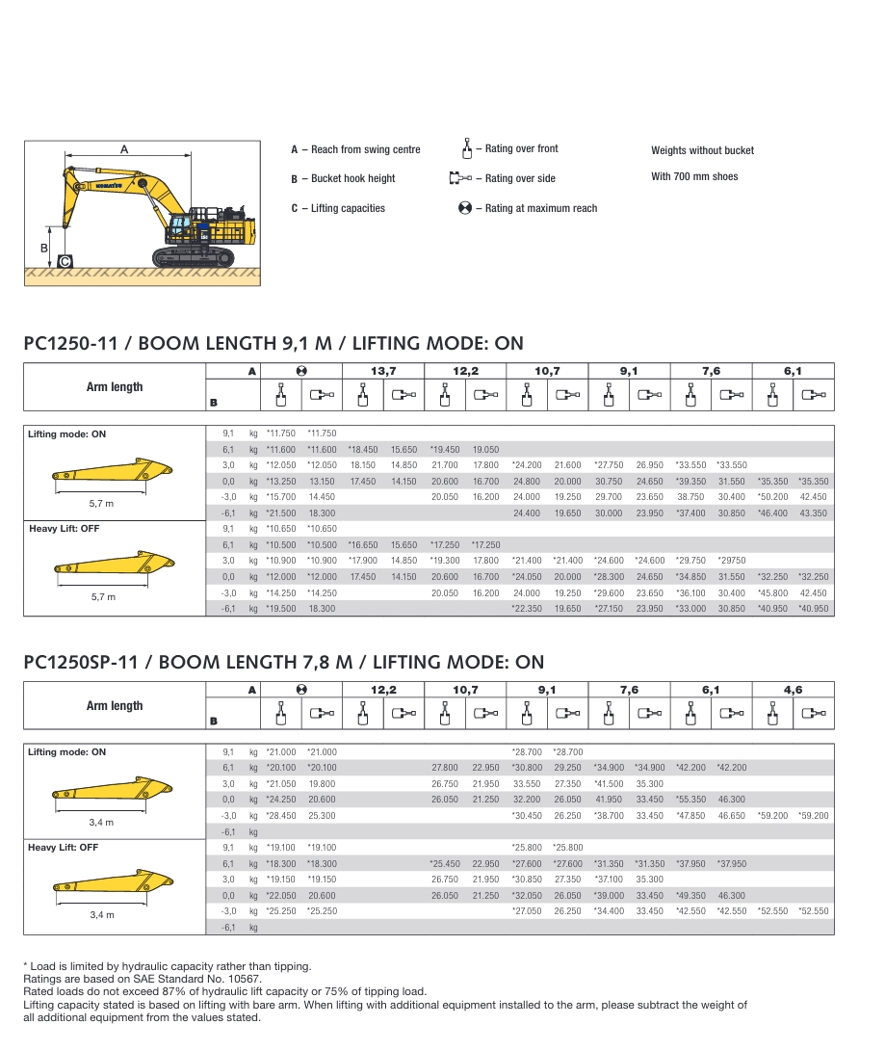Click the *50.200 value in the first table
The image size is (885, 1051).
pyautogui.click(x=772, y=497)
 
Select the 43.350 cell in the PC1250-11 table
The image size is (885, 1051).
pyautogui.click(x=813, y=513)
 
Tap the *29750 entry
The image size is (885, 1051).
pyautogui.click(x=732, y=561)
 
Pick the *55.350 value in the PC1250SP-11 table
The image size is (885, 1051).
pyautogui.click(x=690, y=800)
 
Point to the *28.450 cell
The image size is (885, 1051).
pyautogui.click(x=281, y=816)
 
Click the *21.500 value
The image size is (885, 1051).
pyautogui.click(x=281, y=513)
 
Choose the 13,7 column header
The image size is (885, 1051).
pyautogui.click(x=383, y=371)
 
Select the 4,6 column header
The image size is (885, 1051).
pyautogui.click(x=793, y=690)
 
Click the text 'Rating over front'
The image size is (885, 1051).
pyautogui.click(x=521, y=149)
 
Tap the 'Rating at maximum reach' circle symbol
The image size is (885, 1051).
pyautogui.click(x=465, y=208)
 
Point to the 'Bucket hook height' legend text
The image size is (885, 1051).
pyautogui.click(x=353, y=179)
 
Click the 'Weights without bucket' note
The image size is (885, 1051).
pyautogui.click(x=702, y=150)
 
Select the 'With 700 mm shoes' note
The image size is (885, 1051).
pyautogui.click(x=694, y=177)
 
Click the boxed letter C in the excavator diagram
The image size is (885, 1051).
pyautogui.click(x=64, y=261)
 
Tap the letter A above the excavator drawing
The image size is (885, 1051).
pyautogui.click(x=124, y=149)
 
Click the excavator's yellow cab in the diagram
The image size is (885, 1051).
pyautogui.click(x=178, y=227)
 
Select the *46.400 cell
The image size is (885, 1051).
pyautogui.click(x=772, y=513)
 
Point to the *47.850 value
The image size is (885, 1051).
pyautogui.click(x=690, y=816)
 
